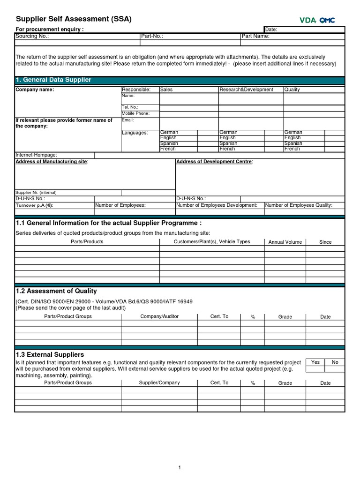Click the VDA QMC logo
point(317,20)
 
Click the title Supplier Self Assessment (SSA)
point(74,19)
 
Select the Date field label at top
point(271,30)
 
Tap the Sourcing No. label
point(32,36)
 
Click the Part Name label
point(255,36)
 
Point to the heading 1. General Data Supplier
point(53,80)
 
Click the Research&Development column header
point(246,90)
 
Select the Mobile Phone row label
point(135,113)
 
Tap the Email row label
point(128,120)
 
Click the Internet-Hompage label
point(37,155)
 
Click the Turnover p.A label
point(35,205)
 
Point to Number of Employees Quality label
point(299,205)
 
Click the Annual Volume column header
point(285,242)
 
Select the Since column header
point(325,242)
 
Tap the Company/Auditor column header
point(159,316)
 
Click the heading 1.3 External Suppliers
point(50,354)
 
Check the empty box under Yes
point(315,369)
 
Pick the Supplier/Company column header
point(159,382)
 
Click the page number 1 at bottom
point(180,467)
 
